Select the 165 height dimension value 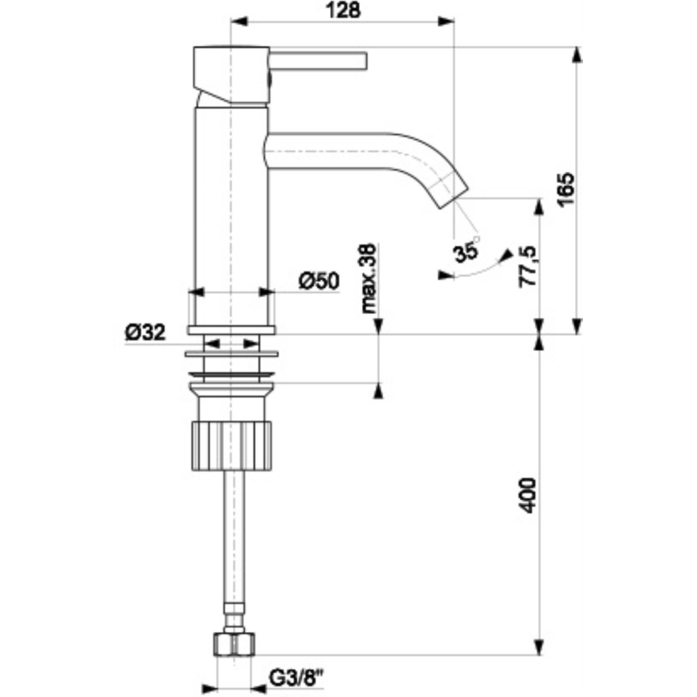(566, 190)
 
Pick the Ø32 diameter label (145, 332)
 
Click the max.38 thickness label (369, 278)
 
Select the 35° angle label (465, 251)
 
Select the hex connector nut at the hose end (234, 643)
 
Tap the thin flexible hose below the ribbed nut (234, 546)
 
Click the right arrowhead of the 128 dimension (447, 22)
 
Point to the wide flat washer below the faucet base (231, 353)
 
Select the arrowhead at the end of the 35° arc (506, 255)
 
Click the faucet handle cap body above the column (231, 74)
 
